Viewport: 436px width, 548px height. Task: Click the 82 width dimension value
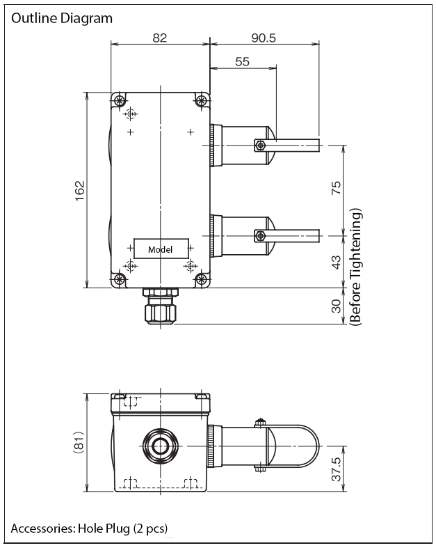coord(159,38)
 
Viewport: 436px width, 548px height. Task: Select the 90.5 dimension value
coord(264,38)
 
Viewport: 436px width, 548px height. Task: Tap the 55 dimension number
coord(242,61)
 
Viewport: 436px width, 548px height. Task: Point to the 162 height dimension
coord(80,191)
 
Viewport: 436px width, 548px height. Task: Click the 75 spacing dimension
coord(336,188)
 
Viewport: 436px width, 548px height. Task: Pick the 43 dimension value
coord(336,262)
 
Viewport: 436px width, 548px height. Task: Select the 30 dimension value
coord(336,306)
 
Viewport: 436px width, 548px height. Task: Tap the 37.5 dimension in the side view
coord(336,469)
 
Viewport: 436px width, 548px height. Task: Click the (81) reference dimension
coord(79,443)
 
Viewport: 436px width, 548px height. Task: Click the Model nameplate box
coord(161,249)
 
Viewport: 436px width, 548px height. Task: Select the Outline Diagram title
coord(62,18)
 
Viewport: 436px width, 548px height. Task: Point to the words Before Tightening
coord(356,267)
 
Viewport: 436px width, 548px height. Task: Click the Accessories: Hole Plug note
coord(90,528)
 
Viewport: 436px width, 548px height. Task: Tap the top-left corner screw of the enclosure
coord(120,101)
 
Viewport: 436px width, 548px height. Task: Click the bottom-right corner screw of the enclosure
coord(201,279)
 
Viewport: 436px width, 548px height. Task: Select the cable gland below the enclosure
coord(160,306)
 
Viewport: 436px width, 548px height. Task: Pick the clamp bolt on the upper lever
coord(259,146)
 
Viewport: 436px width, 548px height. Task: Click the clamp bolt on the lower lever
coord(259,235)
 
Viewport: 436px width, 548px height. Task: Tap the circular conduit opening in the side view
coord(160,446)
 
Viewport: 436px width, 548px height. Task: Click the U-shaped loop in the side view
coord(318,446)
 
